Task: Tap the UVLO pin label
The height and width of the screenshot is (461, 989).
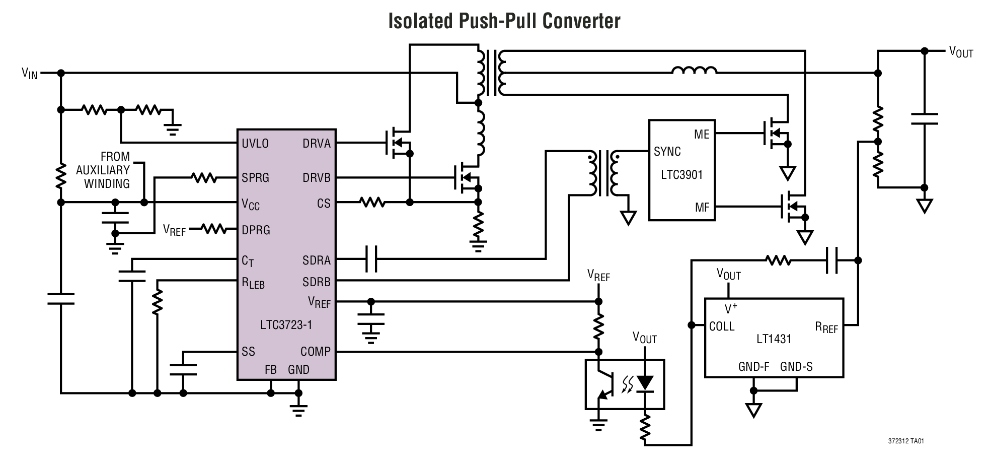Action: point(255,144)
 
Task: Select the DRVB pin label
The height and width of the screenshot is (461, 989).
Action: point(317,178)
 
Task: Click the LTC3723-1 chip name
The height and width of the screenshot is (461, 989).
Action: point(286,324)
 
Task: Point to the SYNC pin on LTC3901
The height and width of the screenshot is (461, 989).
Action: point(667,152)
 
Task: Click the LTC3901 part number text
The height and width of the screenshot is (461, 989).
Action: point(681,175)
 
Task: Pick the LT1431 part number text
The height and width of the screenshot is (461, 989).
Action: point(774,339)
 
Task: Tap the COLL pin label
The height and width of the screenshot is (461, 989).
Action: point(722,326)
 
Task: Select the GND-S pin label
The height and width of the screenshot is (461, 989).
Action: point(796,367)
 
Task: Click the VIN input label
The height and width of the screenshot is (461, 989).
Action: point(29,74)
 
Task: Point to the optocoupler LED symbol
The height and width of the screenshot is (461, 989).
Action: point(645,384)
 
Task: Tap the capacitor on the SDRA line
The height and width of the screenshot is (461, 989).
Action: point(371,259)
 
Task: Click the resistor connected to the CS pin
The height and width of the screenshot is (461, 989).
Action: point(373,203)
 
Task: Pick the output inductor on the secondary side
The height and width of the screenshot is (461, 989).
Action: point(694,71)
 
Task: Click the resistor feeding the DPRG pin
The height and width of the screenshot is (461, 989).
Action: point(214,229)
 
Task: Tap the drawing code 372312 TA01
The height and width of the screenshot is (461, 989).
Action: point(905,441)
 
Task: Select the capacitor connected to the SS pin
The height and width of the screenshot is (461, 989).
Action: point(183,369)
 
